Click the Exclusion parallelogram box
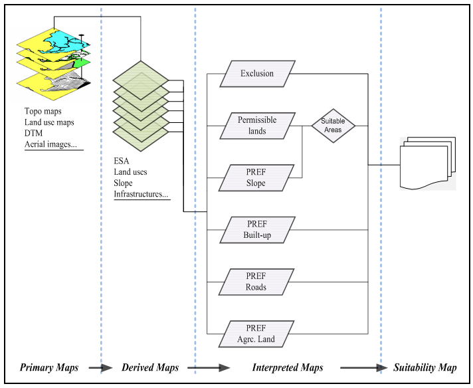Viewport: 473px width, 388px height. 256,73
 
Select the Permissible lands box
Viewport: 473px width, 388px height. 256,126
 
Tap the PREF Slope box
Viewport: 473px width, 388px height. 256,178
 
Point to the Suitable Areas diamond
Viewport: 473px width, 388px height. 333,126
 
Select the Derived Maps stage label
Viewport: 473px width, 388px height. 150,368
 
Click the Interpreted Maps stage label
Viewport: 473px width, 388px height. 288,368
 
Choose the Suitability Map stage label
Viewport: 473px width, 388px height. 425,368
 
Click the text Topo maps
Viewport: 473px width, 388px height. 43,112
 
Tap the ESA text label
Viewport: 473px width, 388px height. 122,161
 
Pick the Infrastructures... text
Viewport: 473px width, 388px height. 141,194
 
